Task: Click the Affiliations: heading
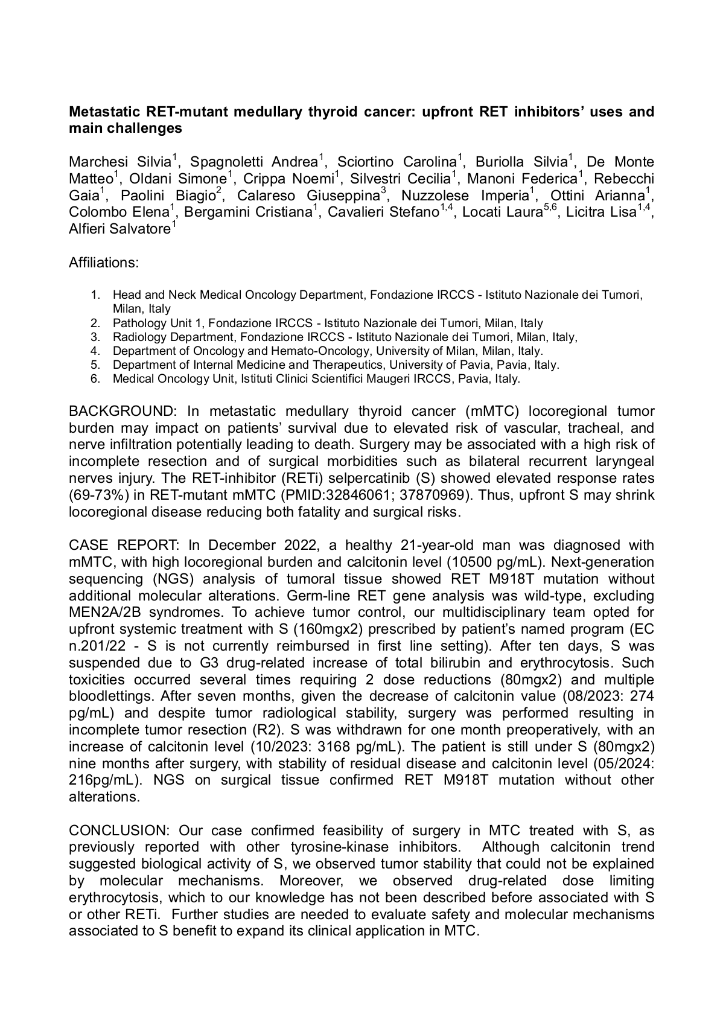pos(104,263)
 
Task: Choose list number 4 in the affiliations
pos(95,351)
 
